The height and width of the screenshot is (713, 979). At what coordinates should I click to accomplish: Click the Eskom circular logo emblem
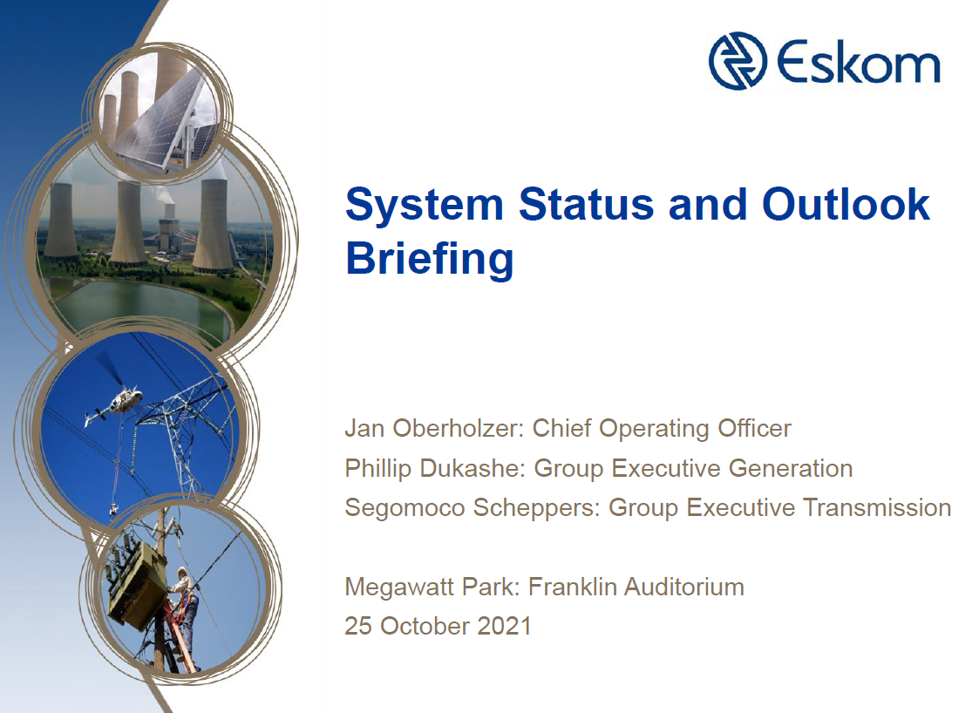738,62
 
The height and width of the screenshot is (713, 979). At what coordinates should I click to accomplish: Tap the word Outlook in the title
846,205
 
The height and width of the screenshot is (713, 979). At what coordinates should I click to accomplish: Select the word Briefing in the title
429,259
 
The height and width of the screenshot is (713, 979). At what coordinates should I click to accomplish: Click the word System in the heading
425,205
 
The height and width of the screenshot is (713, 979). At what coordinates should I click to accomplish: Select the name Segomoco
405,507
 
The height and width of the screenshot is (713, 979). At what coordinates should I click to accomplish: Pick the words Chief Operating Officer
662,429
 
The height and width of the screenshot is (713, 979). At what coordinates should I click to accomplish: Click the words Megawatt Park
432,587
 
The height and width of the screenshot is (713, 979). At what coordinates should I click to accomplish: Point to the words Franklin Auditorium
636,587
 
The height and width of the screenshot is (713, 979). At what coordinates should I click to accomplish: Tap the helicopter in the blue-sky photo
113,402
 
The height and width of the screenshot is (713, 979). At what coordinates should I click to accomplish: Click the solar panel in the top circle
166,118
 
